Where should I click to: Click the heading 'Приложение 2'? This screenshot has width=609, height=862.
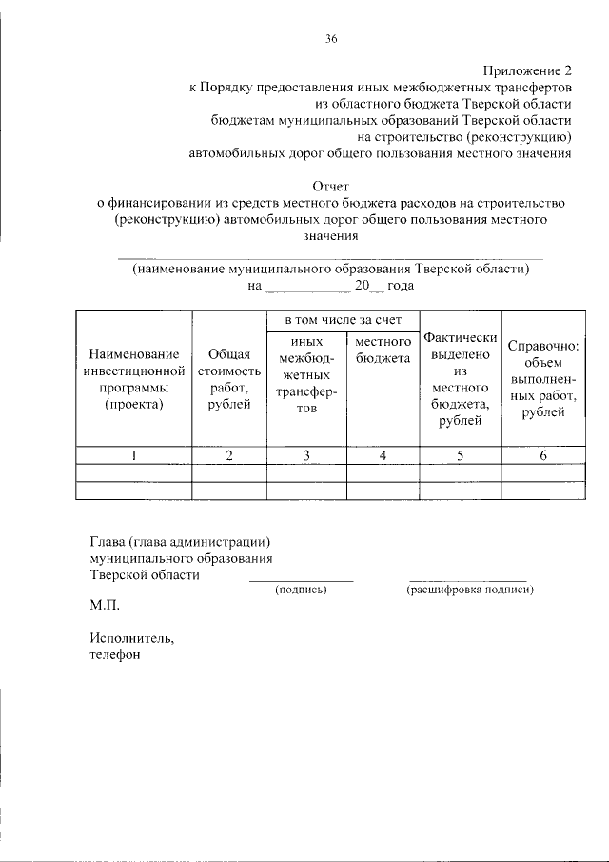click(527, 70)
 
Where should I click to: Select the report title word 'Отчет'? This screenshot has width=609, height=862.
click(331, 186)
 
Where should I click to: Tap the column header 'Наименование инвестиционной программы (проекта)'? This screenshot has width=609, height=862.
click(134, 379)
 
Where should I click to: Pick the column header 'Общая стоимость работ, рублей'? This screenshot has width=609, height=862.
click(229, 379)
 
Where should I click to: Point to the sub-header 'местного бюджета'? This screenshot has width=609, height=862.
click(383, 349)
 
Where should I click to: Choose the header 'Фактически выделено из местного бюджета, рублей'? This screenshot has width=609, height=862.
click(460, 379)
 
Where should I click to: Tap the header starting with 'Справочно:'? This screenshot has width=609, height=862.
click(543, 378)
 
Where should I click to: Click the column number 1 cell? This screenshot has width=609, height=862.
click(134, 455)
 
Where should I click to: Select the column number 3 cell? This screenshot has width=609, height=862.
click(306, 455)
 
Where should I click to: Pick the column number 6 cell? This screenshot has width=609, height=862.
click(543, 455)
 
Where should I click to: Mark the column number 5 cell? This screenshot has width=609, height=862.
click(460, 455)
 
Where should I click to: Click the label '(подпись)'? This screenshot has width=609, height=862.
click(301, 591)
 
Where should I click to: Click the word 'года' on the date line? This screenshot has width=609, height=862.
click(401, 285)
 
